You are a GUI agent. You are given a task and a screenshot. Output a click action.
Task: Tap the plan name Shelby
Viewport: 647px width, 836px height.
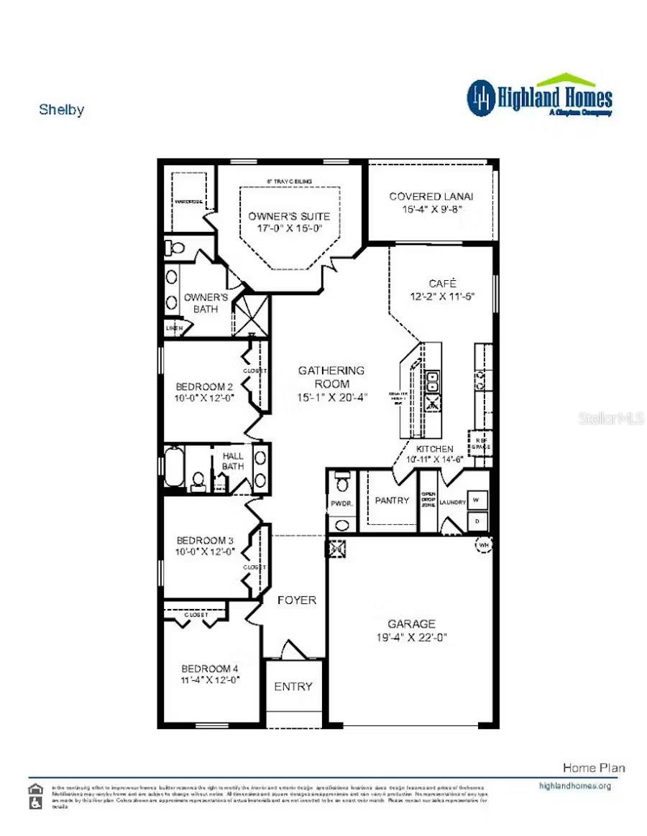coord(61,110)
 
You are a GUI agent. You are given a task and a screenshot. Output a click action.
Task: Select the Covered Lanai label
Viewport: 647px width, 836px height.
coord(431,197)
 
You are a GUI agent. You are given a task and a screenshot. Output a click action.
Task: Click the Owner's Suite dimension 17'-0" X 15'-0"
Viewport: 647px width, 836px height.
coord(289,228)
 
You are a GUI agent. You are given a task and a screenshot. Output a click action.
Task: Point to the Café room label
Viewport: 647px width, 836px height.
coord(443,283)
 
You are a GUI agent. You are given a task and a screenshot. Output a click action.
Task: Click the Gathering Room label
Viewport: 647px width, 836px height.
coord(331,371)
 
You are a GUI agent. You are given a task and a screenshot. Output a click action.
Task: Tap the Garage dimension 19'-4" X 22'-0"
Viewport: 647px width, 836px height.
coord(411,637)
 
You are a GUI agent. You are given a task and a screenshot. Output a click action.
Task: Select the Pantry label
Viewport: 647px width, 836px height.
coord(392,501)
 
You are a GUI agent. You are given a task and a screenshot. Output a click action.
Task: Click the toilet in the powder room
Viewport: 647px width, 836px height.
coord(343,481)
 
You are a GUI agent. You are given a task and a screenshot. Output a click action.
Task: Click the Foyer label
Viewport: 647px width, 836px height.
coord(296,600)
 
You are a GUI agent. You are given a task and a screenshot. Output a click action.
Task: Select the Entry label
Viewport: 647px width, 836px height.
coord(293,687)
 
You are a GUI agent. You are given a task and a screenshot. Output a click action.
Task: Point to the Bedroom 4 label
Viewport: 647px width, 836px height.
coord(209,668)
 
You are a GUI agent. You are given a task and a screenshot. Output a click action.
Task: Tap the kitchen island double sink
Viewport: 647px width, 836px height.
coord(433,380)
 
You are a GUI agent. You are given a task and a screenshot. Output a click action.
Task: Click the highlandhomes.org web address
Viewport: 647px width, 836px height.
coord(574,786)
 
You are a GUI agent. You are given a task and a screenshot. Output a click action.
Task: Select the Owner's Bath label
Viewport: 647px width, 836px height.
coord(206,302)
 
